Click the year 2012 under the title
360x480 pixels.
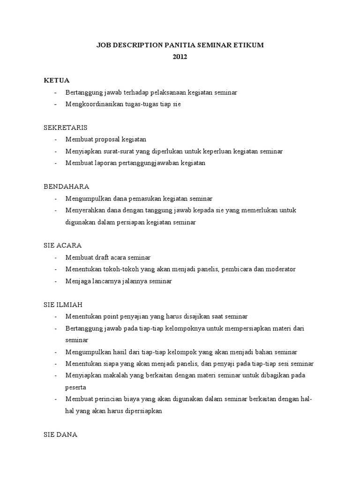coord(180,57)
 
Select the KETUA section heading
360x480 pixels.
coord(57,81)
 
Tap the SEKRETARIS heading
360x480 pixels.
coord(66,127)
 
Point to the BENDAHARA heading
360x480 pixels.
coord(67,187)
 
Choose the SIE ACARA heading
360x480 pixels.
coord(63,246)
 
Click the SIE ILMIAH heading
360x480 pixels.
coord(63,305)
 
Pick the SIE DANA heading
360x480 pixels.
coord(60,435)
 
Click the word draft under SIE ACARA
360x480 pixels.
coord(96,257)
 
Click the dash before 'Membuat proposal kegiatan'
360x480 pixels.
coord(55,140)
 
